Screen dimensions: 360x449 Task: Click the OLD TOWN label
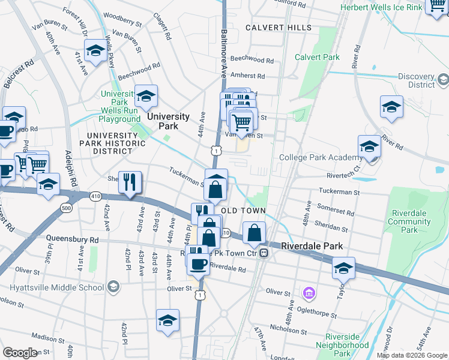click(x=243, y=211)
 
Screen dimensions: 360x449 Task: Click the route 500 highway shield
click(x=65, y=208)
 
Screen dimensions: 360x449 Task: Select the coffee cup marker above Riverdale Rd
click(x=198, y=263)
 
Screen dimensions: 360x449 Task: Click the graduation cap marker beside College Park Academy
click(x=369, y=147)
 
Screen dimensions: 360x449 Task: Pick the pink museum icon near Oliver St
click(x=309, y=293)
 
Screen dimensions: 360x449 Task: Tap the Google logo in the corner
click(x=19, y=353)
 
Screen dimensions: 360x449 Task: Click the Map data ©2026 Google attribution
click(x=412, y=355)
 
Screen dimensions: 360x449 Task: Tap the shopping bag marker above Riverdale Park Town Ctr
click(x=255, y=232)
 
